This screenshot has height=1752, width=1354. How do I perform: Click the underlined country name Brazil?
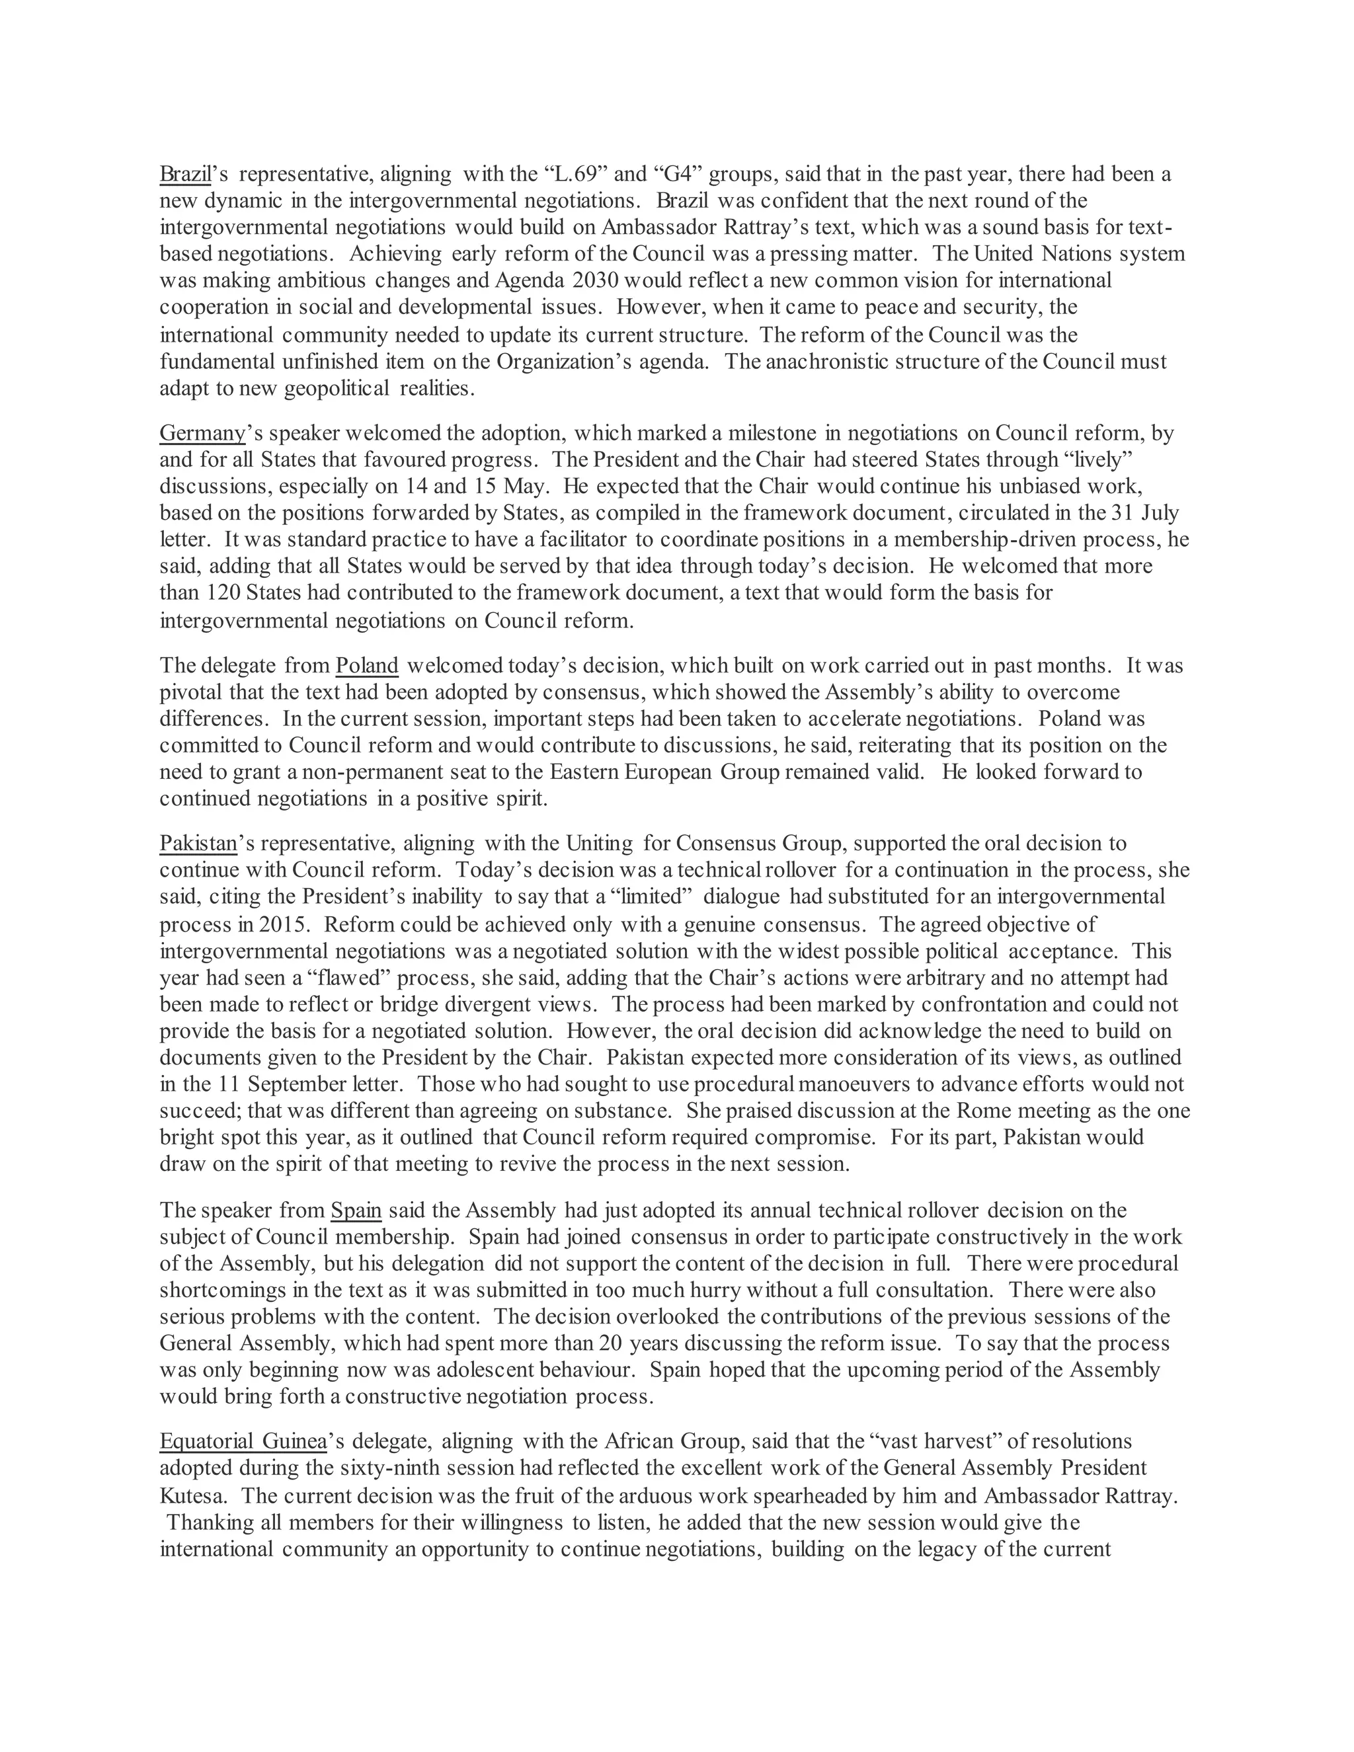click(184, 173)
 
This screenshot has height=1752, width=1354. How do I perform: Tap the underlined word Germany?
click(202, 433)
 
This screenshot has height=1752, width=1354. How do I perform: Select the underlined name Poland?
click(366, 665)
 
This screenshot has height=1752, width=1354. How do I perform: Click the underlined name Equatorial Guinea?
click(243, 1441)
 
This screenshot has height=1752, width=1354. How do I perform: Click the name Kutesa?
click(192, 1495)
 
